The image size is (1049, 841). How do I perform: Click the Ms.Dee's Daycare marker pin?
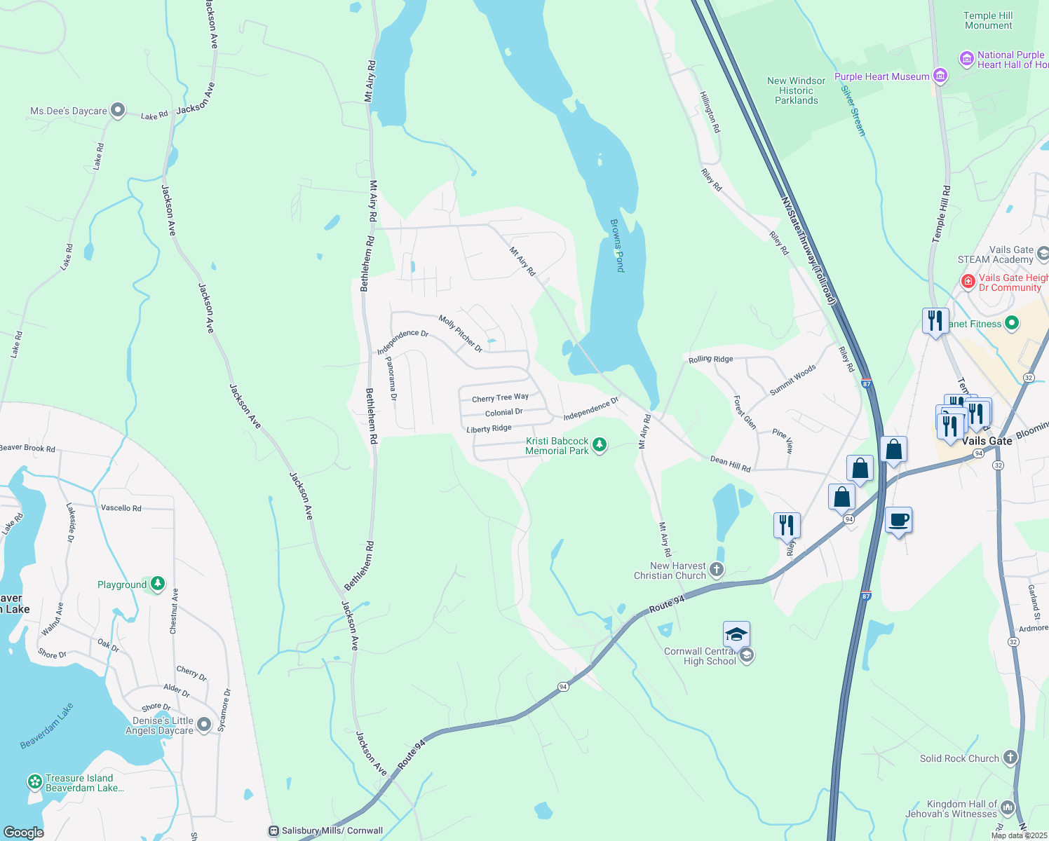tap(118, 109)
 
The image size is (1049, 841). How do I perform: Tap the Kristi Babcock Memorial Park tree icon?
tap(599, 444)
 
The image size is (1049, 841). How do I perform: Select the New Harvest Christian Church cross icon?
tap(716, 569)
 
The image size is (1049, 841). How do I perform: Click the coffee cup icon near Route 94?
tap(898, 521)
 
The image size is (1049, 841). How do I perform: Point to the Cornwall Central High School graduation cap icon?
tap(736, 635)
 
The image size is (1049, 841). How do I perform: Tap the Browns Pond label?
tap(617, 245)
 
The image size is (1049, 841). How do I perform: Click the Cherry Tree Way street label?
tap(500, 398)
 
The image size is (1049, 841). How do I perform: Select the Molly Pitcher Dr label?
tap(461, 334)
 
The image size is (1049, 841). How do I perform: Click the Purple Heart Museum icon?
tap(940, 75)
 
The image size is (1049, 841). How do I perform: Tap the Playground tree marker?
tap(158, 583)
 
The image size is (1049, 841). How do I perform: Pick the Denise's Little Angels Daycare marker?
tap(204, 724)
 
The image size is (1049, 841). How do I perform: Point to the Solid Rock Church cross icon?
tap(1010, 757)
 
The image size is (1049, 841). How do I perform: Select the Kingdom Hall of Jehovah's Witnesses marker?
tap(1008, 807)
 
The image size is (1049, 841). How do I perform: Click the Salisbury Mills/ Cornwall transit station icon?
tap(273, 831)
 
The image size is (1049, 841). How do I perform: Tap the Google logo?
tap(23, 833)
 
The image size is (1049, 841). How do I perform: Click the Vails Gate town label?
tap(987, 441)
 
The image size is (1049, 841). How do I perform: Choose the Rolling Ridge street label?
tap(710, 359)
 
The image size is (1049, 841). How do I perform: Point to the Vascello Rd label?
tap(121, 508)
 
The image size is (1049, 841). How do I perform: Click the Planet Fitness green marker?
tap(1011, 323)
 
